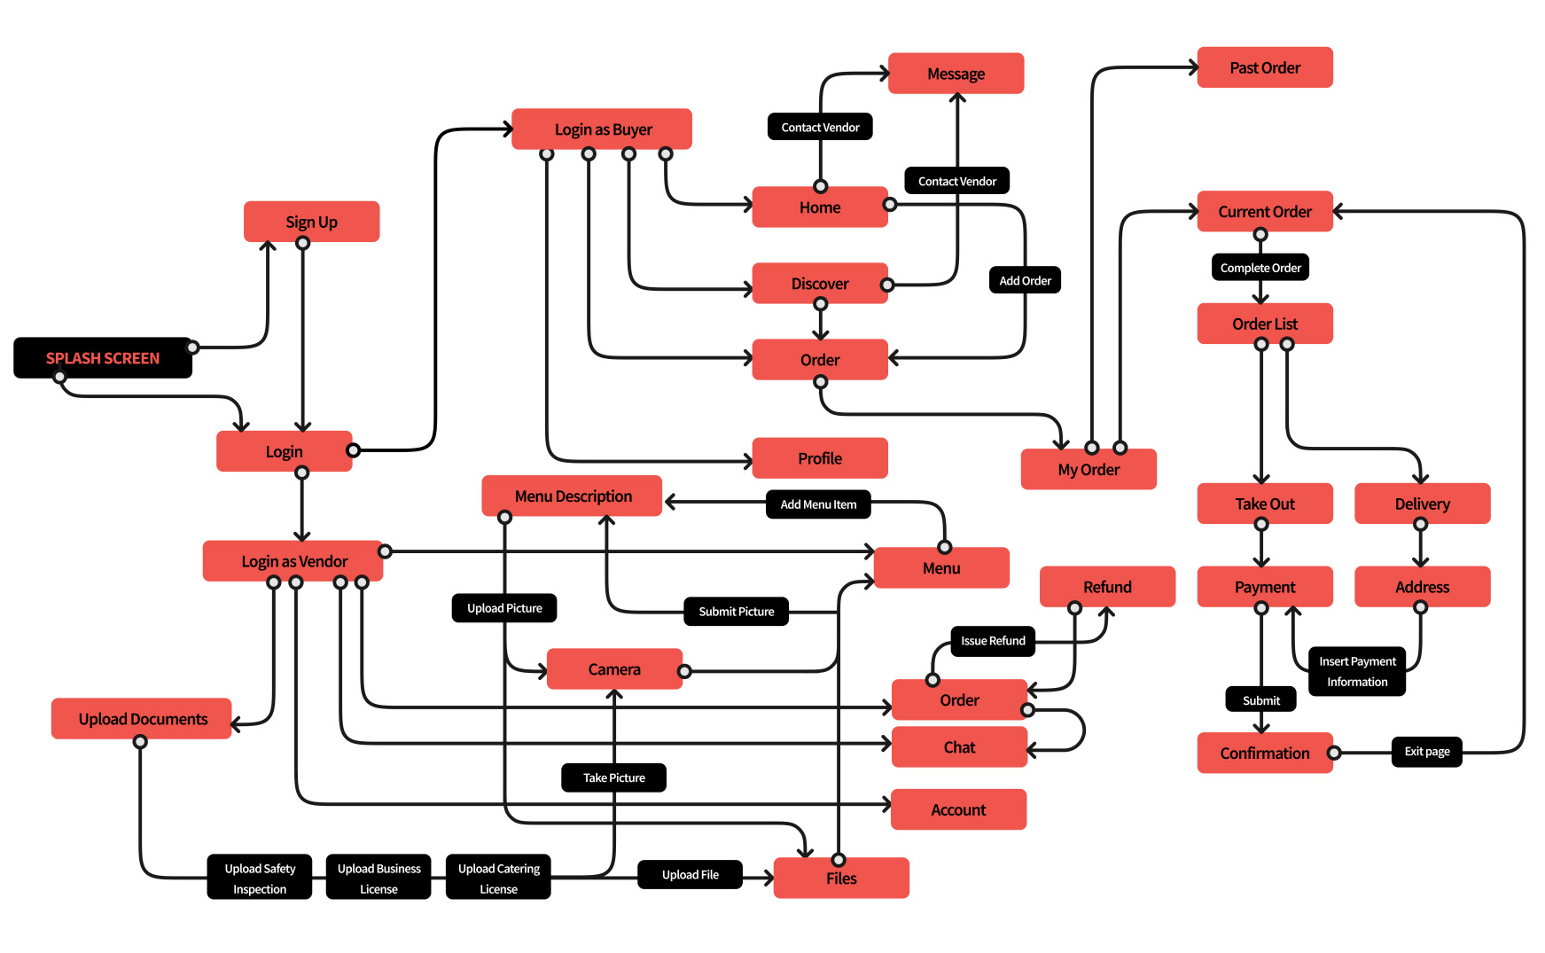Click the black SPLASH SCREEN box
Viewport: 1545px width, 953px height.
point(103,358)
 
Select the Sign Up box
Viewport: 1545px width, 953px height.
point(311,222)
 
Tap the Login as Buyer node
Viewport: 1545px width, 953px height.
point(602,129)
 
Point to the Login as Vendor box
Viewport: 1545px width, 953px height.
point(293,561)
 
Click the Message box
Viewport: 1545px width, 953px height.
point(956,74)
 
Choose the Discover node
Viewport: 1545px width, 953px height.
point(819,284)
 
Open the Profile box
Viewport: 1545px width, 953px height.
point(819,458)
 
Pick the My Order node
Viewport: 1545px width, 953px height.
point(1088,470)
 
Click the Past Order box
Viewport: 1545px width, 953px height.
point(1264,68)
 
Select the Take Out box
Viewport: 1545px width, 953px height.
point(1264,504)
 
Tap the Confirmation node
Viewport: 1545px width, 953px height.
point(1264,753)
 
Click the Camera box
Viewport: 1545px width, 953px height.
point(613,669)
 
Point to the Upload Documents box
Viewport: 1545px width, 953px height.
point(142,719)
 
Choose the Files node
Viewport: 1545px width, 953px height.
point(840,879)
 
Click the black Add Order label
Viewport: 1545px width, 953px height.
point(1025,281)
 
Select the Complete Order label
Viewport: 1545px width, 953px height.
point(1260,268)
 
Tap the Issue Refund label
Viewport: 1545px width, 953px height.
point(992,641)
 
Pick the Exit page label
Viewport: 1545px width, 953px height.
point(1426,752)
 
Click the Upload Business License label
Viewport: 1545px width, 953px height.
point(378,878)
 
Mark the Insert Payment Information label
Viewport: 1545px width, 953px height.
point(1356,671)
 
